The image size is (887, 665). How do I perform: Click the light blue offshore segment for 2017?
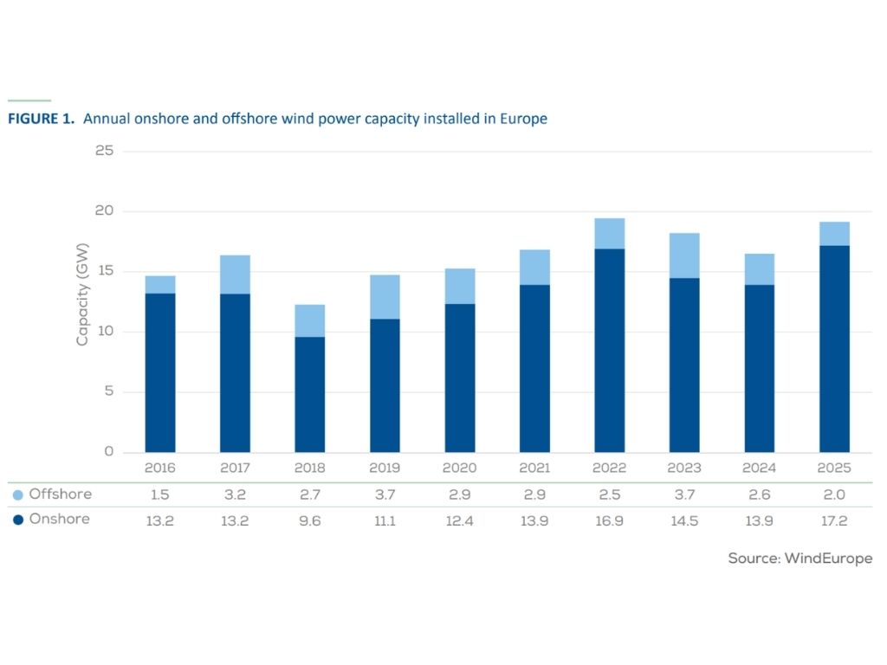click(x=235, y=274)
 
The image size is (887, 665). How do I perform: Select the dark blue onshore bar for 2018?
click(x=309, y=394)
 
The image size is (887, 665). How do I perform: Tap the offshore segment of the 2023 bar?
click(x=684, y=255)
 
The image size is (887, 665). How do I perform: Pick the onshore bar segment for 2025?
click(x=834, y=348)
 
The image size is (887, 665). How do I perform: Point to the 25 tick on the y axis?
click(x=105, y=152)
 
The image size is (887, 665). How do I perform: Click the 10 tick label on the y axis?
click(x=105, y=332)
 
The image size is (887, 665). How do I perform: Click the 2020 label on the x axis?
click(x=459, y=468)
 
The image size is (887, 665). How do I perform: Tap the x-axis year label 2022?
click(x=609, y=468)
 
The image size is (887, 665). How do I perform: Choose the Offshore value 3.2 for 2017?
click(x=235, y=494)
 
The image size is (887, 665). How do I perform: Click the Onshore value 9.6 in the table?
click(x=309, y=520)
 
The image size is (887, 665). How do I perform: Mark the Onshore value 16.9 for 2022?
click(x=609, y=520)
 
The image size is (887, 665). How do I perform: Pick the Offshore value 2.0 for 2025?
click(x=834, y=494)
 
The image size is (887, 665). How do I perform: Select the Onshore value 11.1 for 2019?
click(x=385, y=520)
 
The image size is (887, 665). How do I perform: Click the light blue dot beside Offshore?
click(x=17, y=495)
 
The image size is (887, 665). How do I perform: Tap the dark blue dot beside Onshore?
click(x=17, y=520)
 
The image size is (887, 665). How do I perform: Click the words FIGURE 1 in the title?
click(x=41, y=119)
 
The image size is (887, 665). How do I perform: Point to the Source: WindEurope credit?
click(x=800, y=558)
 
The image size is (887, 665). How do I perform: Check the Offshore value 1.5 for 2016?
click(x=160, y=494)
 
